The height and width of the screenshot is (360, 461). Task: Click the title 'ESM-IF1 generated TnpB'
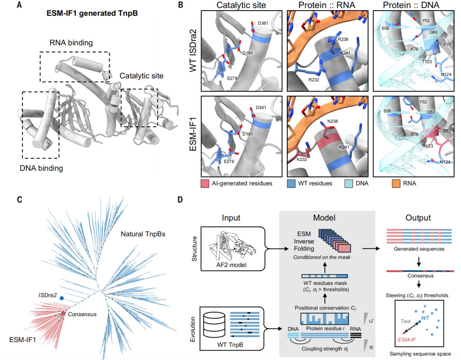coord(92,13)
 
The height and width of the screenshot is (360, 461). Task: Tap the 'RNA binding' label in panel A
coord(71,43)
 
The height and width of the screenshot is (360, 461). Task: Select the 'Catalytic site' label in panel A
coord(141,76)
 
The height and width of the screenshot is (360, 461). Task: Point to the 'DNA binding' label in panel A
coord(41,168)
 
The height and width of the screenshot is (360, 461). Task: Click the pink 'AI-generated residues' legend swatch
coord(204,184)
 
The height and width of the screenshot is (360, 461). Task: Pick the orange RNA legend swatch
coord(396,184)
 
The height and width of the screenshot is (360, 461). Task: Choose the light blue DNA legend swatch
coord(348,184)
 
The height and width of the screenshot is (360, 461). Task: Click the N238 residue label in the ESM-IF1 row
coord(332,121)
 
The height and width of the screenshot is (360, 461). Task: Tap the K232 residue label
coord(302,159)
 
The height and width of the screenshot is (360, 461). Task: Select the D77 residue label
coord(447,131)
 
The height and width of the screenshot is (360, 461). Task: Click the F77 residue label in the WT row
coord(447,45)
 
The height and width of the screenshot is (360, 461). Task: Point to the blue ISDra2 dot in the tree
coord(62,298)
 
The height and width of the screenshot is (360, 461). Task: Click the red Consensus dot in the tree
coord(63,314)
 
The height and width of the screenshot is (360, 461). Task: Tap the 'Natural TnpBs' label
coord(143,234)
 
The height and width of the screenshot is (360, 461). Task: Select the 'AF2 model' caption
coord(231,265)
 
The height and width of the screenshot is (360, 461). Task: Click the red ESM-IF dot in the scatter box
coord(404,333)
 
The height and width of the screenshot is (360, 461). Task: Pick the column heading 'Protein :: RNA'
coord(327,5)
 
